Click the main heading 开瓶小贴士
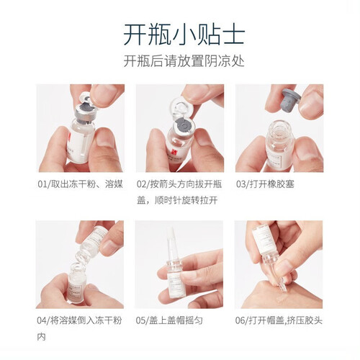[x=184, y=35]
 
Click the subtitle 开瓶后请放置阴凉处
[x=184, y=61]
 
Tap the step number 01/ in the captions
[x=45, y=184]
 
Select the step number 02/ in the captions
[x=143, y=184]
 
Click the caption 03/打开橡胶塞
[x=265, y=184]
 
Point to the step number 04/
[x=43, y=320]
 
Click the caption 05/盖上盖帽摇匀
[x=169, y=320]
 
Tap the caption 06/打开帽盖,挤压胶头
[x=279, y=320]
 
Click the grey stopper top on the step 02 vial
[x=183, y=125]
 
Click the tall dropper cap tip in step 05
[x=171, y=240]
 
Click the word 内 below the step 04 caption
[x=41, y=337]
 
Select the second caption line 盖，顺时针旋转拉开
[x=177, y=200]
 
